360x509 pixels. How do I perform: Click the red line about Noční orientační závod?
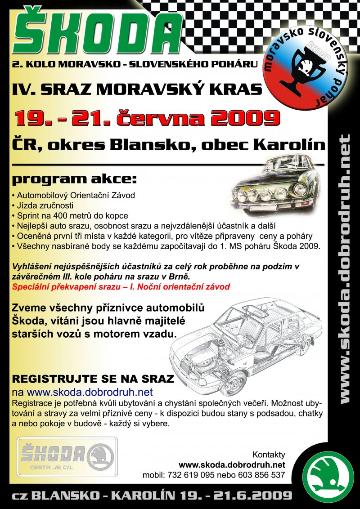point(121,286)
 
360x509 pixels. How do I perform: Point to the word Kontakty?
point(269,455)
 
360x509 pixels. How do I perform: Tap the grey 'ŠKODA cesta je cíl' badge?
point(67,456)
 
